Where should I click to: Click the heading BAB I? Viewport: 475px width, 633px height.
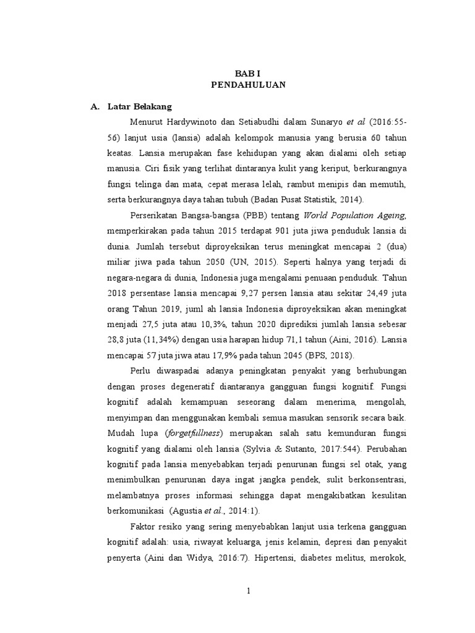click(247, 73)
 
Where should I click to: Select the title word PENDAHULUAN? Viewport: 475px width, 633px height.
click(247, 85)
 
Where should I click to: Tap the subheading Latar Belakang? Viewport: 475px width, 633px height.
click(139, 107)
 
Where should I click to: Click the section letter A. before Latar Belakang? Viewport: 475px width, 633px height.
click(95, 107)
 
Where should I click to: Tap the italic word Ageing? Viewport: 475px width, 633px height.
click(388, 215)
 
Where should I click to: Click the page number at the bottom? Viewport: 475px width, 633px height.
click(248, 592)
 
